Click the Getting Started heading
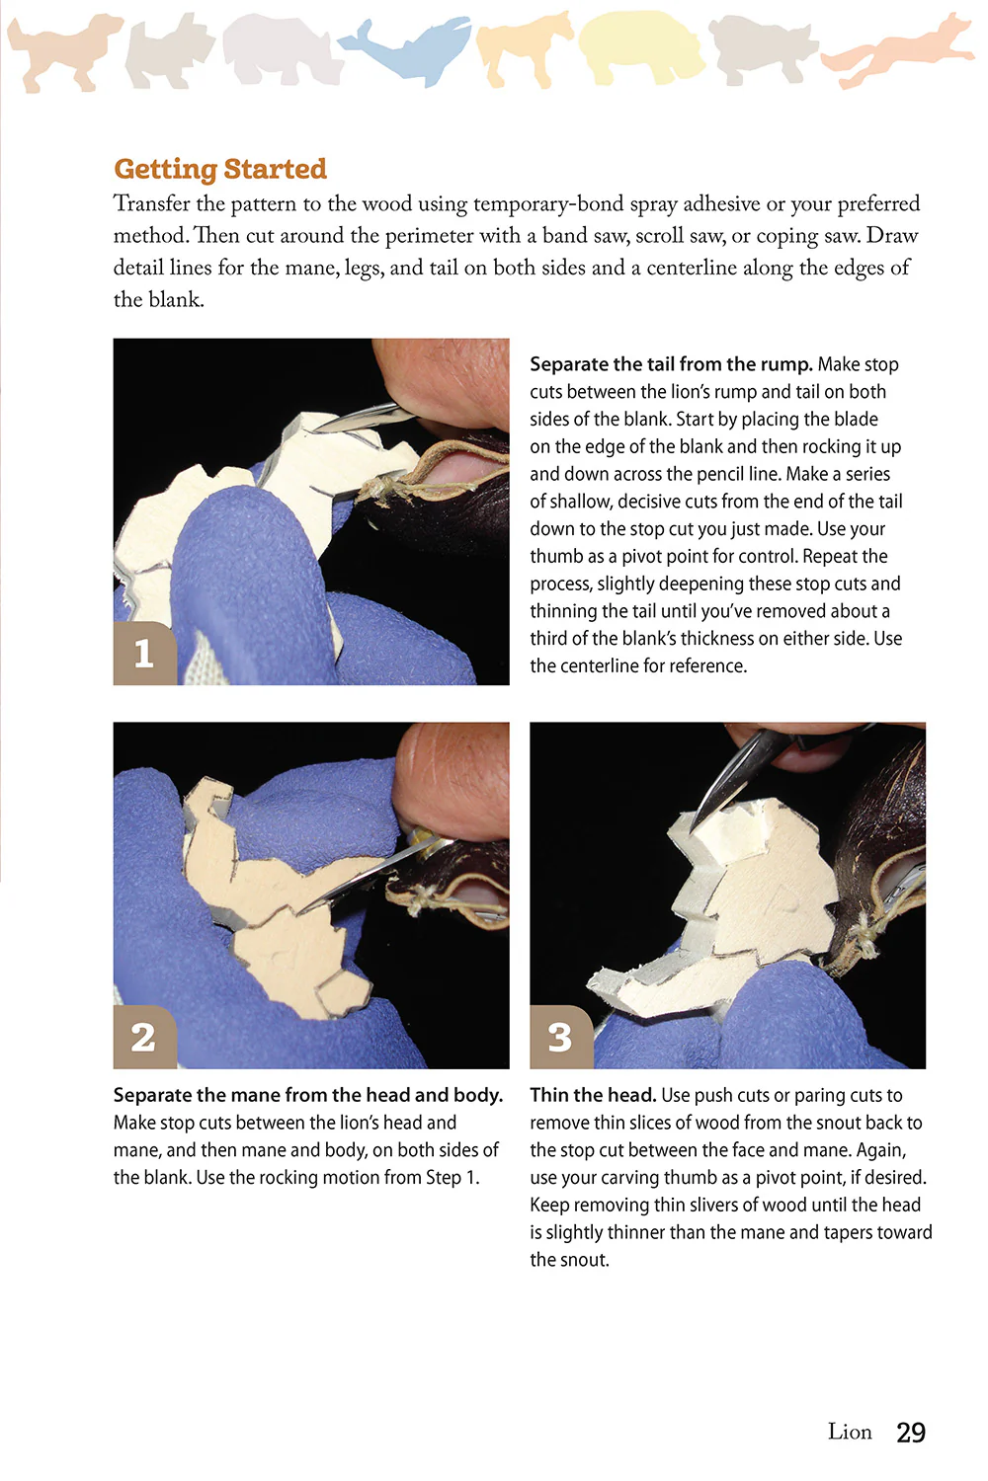click(x=219, y=169)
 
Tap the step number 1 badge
click(x=144, y=653)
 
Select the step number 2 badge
click(x=144, y=1037)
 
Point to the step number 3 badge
click(x=560, y=1037)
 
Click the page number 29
click(x=910, y=1433)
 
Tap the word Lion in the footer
click(x=850, y=1433)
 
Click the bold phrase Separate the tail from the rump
click(x=671, y=364)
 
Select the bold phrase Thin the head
click(x=593, y=1095)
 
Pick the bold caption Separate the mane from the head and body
click(x=308, y=1095)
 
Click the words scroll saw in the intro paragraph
click(x=680, y=236)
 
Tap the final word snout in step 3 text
click(x=568, y=1260)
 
